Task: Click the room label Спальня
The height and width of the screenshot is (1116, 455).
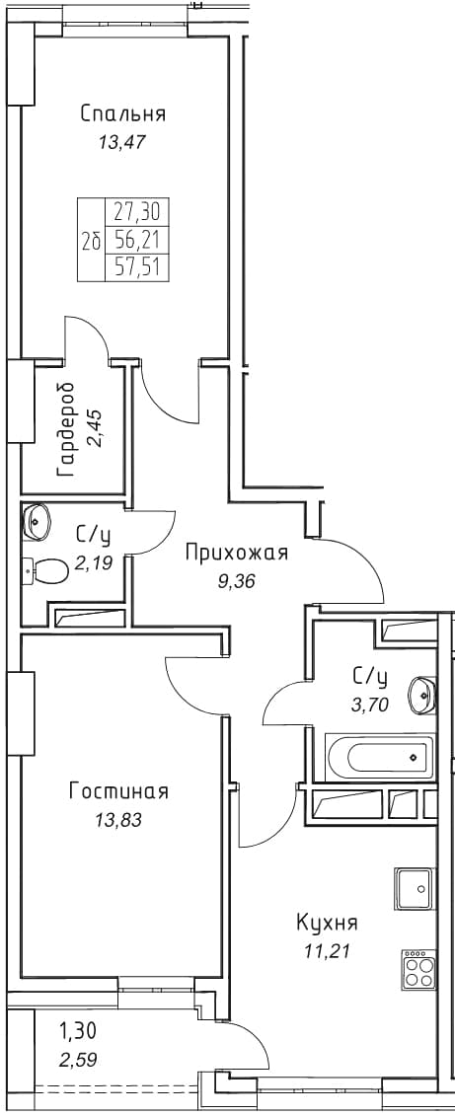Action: tap(123, 114)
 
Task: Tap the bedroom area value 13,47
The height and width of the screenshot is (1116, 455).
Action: tap(121, 141)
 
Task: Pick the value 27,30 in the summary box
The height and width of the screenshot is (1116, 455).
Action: tap(137, 211)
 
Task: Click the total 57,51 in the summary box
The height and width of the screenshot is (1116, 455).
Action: tap(137, 267)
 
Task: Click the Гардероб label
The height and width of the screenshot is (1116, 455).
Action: tap(68, 429)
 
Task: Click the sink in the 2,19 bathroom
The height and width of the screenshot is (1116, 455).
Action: tap(36, 521)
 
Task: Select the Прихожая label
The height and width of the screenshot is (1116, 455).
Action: tap(237, 553)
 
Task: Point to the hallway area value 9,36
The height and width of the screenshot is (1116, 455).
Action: tap(237, 581)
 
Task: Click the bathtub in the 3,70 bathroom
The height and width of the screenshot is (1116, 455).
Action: tap(379, 756)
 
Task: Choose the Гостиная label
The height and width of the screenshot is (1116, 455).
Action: tap(118, 790)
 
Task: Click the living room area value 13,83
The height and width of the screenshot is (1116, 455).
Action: tap(118, 820)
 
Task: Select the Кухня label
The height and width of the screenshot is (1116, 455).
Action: tap(327, 924)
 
